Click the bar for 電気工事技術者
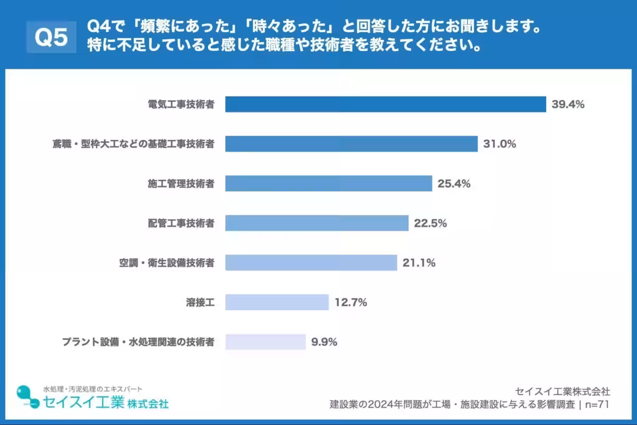385,104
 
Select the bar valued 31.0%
351,143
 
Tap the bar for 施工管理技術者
328,183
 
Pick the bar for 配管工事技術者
316,223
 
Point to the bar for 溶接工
277,302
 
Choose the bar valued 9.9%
265,342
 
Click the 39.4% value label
567,104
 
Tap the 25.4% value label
454,183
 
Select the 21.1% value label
419,262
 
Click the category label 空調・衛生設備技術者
166,262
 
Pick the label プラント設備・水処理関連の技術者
139,342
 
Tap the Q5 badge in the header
51,37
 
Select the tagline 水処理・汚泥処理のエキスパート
92,389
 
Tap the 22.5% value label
431,223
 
